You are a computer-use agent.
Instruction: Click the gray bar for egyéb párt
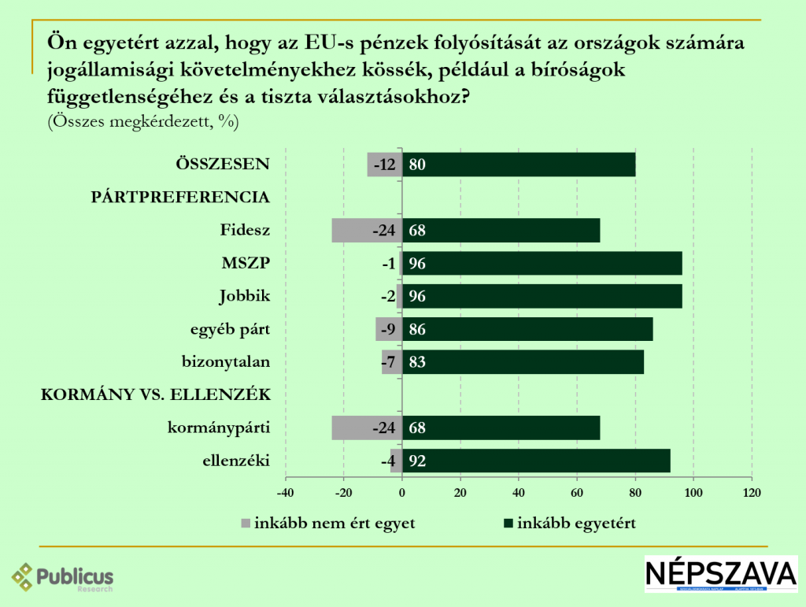389,329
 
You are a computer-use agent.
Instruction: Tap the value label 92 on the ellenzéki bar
418,461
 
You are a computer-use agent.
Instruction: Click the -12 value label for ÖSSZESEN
384,165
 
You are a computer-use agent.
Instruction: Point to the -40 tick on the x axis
286,493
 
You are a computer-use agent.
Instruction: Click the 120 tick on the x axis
752,493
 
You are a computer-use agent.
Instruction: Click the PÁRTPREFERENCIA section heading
181,198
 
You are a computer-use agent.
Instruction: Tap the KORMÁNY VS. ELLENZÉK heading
156,395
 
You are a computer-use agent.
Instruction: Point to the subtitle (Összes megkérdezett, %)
142,122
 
